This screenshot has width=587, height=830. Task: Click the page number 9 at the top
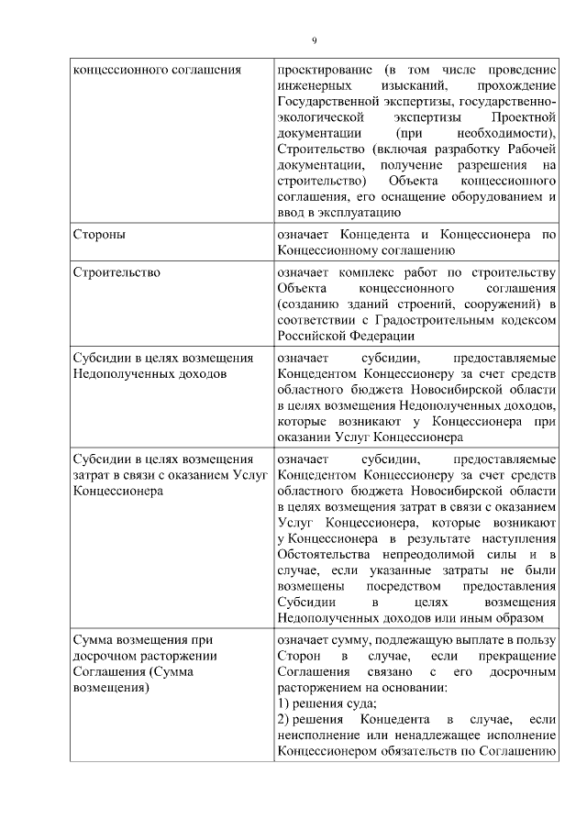(313, 39)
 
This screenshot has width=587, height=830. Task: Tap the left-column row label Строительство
(116, 272)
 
